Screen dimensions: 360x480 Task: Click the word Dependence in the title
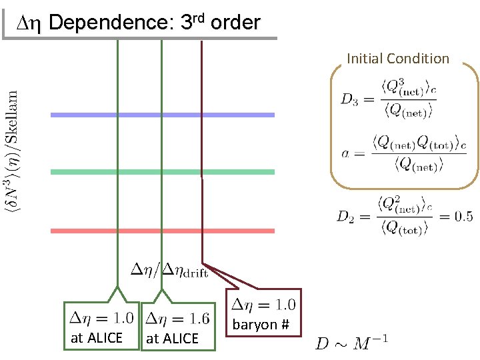coord(111,23)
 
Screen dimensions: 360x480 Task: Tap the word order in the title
coord(234,23)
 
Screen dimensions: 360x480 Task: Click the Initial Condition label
coord(398,59)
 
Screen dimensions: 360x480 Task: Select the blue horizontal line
coord(163,115)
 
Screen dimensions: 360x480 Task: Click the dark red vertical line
coord(202,147)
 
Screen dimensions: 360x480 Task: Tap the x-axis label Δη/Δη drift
coord(169,269)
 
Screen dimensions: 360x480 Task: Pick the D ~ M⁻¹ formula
coord(351,343)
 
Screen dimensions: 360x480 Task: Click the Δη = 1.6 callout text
coord(177,318)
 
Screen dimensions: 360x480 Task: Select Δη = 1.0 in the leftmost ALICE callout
coord(99,318)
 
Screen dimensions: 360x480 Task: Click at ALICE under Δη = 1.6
coord(172,339)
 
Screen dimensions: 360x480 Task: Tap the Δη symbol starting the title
coord(30,23)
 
